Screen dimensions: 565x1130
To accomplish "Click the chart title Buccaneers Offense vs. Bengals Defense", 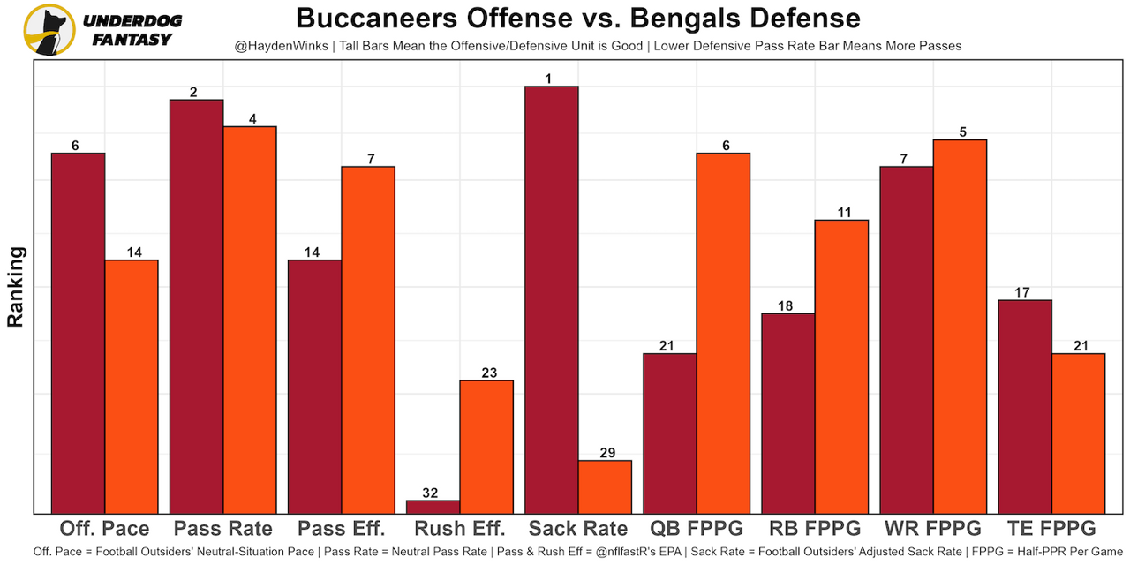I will [x=577, y=18].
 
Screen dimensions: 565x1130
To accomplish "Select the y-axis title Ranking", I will [x=16, y=287].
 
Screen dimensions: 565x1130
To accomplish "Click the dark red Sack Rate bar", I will [x=552, y=299].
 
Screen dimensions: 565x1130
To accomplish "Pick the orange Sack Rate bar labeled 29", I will [x=605, y=486].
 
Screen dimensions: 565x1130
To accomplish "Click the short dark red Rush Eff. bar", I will [x=433, y=507].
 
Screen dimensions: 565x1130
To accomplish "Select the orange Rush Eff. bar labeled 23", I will [x=486, y=446].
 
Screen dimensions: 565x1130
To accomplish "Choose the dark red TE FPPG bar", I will [x=1025, y=406].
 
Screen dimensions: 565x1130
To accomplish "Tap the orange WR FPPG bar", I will [x=960, y=326].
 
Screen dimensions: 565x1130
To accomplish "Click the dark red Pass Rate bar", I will [x=197, y=305].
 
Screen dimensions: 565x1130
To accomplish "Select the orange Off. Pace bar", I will [x=132, y=386].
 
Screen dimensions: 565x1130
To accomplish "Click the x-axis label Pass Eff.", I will [x=342, y=529].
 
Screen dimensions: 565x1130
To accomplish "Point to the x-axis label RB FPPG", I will [x=815, y=529].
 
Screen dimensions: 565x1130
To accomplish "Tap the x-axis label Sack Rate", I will [x=578, y=529].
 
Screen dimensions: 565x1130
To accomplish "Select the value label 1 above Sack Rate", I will [x=549, y=79].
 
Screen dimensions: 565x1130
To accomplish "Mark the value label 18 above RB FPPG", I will [x=786, y=306].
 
